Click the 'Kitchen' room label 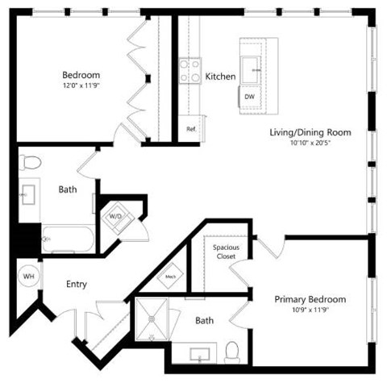(220, 77)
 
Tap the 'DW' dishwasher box (250, 97)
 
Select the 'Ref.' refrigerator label (191, 129)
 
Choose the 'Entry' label (77, 285)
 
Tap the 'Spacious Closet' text (225, 252)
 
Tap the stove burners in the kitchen (190, 71)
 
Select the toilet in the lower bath (233, 352)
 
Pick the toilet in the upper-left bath (31, 164)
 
